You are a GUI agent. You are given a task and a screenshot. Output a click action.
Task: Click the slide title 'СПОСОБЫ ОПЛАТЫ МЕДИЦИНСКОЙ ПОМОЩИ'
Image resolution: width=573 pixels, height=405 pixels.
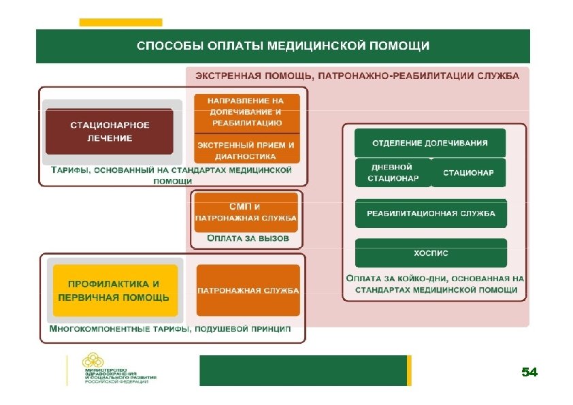(282, 46)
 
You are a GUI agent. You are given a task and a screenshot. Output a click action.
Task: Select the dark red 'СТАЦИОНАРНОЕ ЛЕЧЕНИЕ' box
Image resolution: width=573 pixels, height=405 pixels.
(109, 132)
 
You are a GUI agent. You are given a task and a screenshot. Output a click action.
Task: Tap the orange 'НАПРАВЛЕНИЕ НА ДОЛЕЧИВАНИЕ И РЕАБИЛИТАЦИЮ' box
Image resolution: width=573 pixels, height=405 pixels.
(246, 112)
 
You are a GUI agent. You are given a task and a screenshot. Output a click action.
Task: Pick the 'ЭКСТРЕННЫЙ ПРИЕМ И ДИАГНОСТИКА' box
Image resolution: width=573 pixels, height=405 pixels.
(246, 150)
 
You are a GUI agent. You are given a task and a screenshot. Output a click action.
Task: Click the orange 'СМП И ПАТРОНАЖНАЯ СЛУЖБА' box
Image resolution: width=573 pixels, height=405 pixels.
(246, 212)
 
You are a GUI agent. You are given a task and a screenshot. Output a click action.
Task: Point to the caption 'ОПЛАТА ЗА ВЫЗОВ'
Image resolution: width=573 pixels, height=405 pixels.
(248, 239)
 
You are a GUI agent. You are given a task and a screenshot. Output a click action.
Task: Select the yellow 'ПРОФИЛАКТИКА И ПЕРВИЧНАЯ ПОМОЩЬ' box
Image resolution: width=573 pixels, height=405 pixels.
(114, 291)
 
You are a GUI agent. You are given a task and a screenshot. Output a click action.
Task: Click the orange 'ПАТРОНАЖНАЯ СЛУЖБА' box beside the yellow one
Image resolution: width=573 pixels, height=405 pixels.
(248, 291)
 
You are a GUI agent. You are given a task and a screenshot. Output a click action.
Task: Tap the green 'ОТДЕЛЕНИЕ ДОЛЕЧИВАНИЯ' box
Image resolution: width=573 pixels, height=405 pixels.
(430, 143)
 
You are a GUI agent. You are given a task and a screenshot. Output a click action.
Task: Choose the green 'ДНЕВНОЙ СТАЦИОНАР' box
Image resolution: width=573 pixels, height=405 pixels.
(391, 173)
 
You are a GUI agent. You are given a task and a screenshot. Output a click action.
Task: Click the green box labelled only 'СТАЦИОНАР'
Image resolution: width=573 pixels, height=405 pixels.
(468, 173)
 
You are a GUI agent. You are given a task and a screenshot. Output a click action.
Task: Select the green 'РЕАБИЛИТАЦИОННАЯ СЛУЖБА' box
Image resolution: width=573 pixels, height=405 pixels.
(431, 214)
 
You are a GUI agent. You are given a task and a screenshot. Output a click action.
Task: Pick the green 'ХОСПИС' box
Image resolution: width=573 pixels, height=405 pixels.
(431, 253)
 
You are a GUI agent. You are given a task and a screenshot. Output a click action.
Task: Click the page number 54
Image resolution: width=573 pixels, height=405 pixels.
(529, 372)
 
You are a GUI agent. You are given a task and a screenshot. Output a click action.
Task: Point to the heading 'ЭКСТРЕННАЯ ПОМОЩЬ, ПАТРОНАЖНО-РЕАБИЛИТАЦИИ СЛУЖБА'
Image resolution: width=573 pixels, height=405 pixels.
(357, 76)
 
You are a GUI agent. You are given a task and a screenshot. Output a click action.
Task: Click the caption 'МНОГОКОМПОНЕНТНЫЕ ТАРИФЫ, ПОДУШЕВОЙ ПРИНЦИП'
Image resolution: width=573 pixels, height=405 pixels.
(170, 329)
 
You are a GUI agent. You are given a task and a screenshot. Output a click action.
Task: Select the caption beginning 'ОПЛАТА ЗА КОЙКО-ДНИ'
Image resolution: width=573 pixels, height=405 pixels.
(435, 284)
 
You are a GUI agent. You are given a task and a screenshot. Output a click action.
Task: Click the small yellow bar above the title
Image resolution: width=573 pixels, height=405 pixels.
(120, 22)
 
